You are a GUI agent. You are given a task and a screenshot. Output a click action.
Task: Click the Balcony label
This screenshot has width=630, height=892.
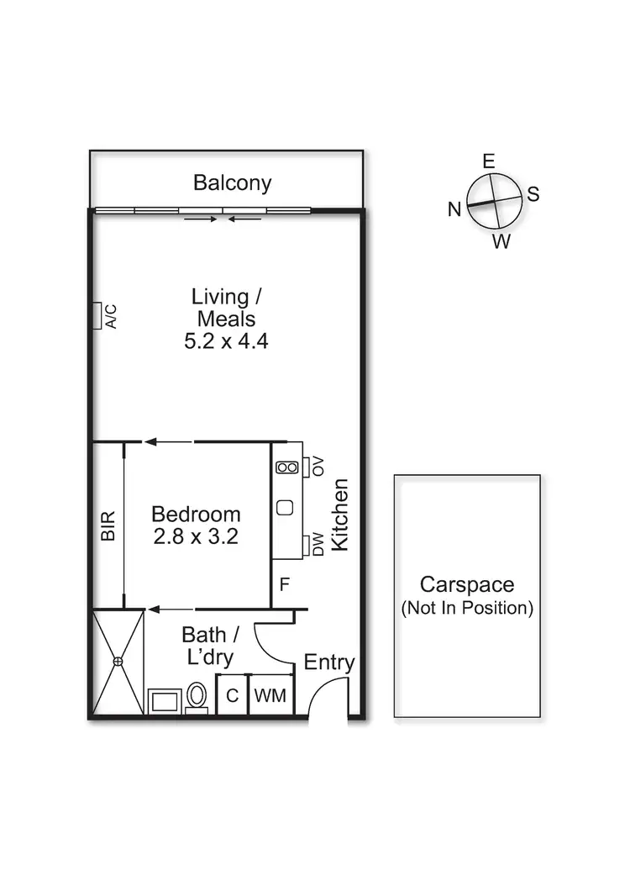tap(232, 182)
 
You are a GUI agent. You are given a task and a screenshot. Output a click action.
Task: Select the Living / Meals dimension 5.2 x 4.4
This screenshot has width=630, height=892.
tap(226, 341)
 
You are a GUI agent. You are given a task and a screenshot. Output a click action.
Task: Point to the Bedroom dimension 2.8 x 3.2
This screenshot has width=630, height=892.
tap(196, 536)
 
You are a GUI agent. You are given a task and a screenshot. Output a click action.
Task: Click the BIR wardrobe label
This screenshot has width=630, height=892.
tap(108, 526)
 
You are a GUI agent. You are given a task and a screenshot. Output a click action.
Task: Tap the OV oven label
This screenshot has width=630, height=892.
tap(318, 467)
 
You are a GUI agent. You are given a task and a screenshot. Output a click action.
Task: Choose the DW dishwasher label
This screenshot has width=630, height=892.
tap(318, 546)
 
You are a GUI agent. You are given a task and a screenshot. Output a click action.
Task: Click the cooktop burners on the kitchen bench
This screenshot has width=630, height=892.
tap(286, 467)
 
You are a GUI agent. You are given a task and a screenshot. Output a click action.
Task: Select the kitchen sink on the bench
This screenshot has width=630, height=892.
tap(285, 507)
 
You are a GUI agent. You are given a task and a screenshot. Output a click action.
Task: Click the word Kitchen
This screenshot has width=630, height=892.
tap(340, 515)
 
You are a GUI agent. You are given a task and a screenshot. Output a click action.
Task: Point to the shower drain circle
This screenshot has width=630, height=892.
tap(118, 662)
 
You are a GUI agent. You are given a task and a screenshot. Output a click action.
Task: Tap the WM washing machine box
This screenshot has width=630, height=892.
tap(270, 696)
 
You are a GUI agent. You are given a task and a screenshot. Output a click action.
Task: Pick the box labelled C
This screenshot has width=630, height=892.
tap(232, 696)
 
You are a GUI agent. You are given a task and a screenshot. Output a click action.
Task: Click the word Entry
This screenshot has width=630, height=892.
tap(329, 662)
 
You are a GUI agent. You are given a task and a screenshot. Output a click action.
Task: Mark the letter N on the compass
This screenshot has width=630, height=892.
tap(454, 210)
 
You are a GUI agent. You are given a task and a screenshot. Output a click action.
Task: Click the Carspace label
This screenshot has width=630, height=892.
tap(467, 585)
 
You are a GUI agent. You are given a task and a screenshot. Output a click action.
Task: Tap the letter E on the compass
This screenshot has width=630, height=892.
tap(488, 161)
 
